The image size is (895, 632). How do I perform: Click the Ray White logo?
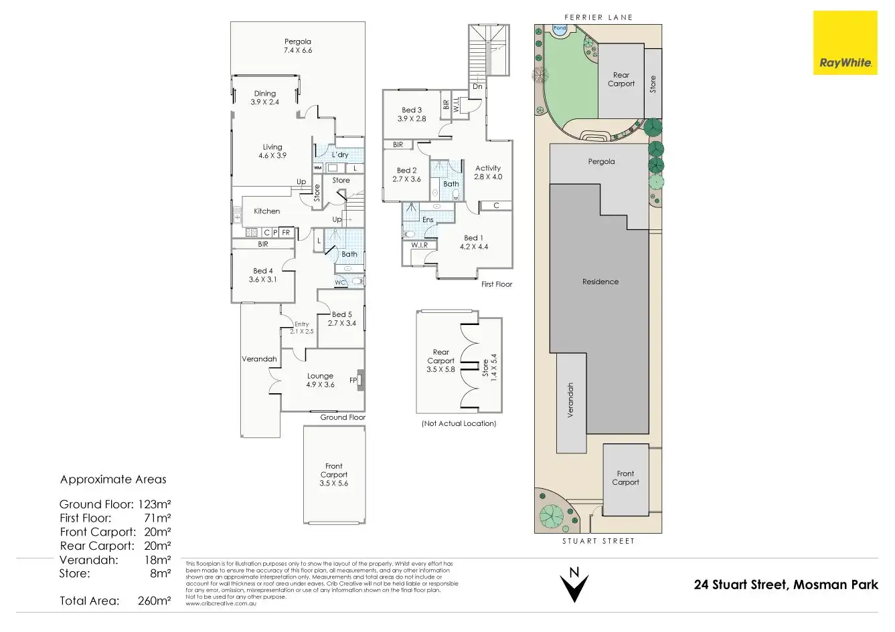click(845, 43)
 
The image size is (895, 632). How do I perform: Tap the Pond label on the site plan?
click(560, 29)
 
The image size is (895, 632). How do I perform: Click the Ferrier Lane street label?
click(598, 17)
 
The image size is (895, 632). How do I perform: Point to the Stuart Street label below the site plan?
click(598, 541)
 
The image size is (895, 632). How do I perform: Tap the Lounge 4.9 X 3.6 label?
click(320, 380)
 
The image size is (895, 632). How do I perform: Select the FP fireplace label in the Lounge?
click(353, 381)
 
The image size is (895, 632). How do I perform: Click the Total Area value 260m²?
click(154, 601)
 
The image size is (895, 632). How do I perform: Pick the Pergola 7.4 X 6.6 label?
click(298, 45)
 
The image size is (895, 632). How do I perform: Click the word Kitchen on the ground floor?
click(266, 211)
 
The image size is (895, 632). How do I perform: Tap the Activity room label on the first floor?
click(488, 173)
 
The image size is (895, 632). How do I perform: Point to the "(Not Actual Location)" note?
click(459, 423)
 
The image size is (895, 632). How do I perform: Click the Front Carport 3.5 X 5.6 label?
click(333, 474)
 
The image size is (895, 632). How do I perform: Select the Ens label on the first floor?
click(428, 219)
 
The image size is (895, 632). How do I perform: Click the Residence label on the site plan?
click(600, 282)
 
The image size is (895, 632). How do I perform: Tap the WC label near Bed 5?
click(340, 282)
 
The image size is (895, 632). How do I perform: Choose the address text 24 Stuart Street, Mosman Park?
click(786, 585)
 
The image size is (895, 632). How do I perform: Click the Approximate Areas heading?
click(113, 480)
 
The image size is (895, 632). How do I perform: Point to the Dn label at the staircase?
click(477, 87)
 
